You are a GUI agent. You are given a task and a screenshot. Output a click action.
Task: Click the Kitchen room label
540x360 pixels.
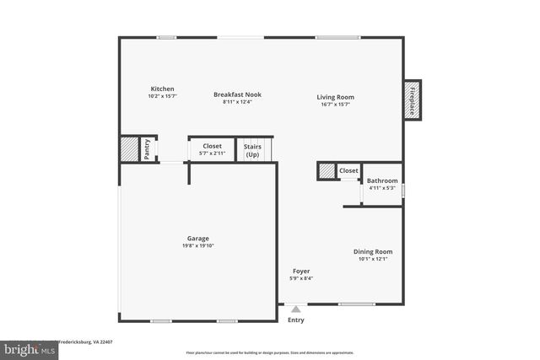[163, 89]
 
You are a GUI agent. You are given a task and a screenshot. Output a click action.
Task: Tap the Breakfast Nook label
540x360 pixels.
[237, 94]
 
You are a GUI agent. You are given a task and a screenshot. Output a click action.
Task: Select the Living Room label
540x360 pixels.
[335, 97]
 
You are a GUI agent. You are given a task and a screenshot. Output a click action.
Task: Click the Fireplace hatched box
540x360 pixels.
[413, 99]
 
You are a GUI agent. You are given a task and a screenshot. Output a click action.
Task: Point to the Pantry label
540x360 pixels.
[147, 149]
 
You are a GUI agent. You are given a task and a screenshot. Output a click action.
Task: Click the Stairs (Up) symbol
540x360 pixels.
[252, 150]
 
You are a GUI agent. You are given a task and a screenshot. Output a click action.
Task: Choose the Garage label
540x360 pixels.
[198, 239]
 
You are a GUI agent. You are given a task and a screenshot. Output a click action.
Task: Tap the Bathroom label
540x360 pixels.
[381, 180]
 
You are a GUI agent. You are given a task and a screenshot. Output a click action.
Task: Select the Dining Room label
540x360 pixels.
[372, 251]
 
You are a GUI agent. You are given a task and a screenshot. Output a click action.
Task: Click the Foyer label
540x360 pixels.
[301, 271]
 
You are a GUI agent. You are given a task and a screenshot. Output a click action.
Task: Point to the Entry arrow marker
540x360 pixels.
[295, 309]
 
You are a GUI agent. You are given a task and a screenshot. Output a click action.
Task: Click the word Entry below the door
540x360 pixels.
[296, 320]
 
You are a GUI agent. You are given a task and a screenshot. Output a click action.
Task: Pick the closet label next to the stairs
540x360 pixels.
[212, 146]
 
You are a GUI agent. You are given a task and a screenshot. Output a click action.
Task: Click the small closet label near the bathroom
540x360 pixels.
[348, 171]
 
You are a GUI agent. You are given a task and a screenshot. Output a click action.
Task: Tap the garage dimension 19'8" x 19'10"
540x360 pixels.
[198, 246]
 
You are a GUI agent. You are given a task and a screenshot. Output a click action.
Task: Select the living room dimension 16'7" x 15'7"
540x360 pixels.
[335, 105]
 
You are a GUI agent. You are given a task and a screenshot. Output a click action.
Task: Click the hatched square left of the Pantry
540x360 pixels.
[127, 149]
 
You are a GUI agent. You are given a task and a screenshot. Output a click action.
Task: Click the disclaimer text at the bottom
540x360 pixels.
[270, 352]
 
